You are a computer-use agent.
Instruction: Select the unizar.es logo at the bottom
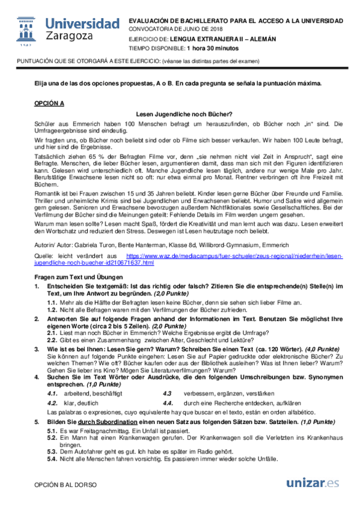pyautogui.click(x=313, y=483)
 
